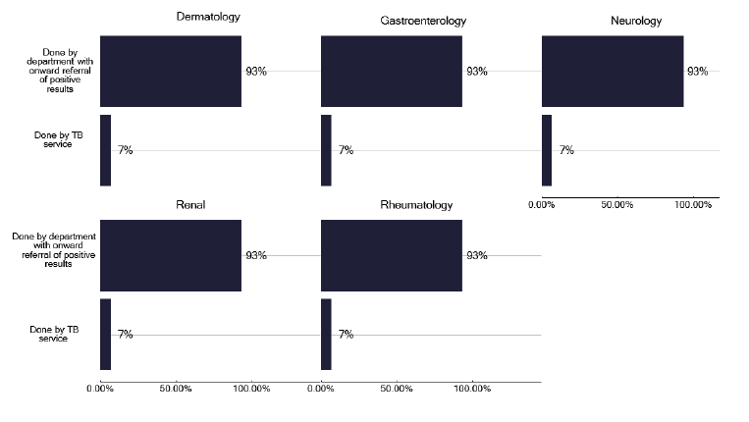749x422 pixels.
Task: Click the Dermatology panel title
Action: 208,18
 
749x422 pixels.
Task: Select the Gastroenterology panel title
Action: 422,21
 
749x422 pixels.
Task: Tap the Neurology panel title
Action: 635,21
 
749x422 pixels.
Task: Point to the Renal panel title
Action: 190,204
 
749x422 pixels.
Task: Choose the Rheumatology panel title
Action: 416,204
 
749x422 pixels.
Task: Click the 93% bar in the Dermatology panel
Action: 171,71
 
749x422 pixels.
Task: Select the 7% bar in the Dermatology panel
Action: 105,150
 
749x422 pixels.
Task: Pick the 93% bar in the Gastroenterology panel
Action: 392,71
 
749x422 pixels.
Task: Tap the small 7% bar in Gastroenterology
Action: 326,150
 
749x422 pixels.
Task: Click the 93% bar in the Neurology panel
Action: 613,71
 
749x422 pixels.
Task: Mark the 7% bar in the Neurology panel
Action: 547,150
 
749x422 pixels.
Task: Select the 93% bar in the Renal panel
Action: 171,255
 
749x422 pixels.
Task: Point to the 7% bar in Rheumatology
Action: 326,335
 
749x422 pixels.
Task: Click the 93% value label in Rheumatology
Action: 476,255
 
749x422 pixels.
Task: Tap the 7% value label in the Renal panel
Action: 125,335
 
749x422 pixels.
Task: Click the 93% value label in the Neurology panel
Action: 697,72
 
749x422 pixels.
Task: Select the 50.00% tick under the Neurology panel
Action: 617,205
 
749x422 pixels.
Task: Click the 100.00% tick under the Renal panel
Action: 251,390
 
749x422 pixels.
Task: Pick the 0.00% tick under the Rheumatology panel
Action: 321,390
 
